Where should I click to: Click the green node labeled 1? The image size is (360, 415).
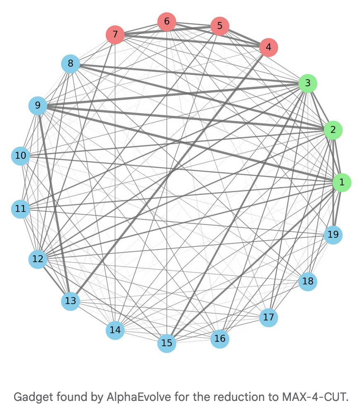coord(342,182)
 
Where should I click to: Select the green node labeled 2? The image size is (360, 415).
coord(333,130)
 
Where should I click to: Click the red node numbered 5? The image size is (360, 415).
coord(220,26)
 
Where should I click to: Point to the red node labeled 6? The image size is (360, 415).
coord(167,22)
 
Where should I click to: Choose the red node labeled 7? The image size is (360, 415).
coord(115,34)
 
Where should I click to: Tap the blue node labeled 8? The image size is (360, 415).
coord(70,64)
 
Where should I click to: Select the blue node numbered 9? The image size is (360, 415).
coord(38,106)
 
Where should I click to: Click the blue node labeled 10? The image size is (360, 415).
coord(21,156)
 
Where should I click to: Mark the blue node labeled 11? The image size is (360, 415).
coord(21,209)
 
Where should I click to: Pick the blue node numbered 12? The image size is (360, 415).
coord(38,259)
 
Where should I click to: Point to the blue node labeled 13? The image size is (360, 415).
coord(71,301)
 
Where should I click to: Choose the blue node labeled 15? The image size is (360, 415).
coord(167,343)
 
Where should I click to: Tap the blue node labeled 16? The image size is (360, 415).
coord(220,339)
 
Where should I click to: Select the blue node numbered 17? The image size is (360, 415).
coord(269,318)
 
